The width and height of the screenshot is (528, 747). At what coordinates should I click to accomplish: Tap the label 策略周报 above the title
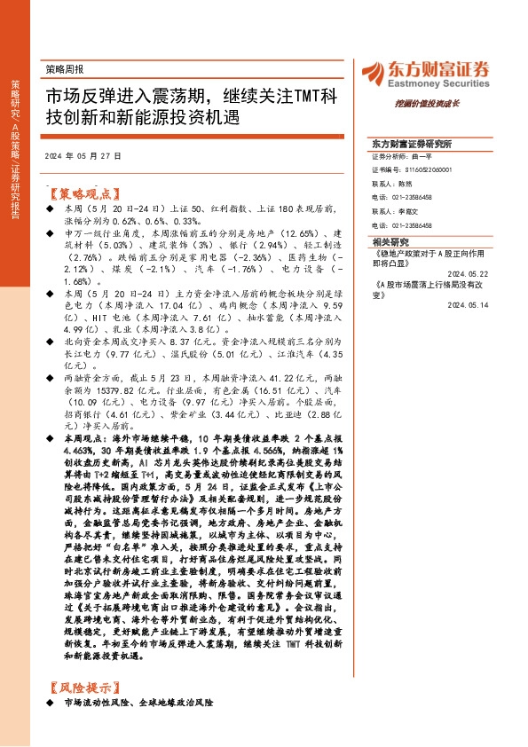coord(65,68)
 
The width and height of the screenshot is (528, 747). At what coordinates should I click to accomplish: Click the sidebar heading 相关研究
coord(390,242)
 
